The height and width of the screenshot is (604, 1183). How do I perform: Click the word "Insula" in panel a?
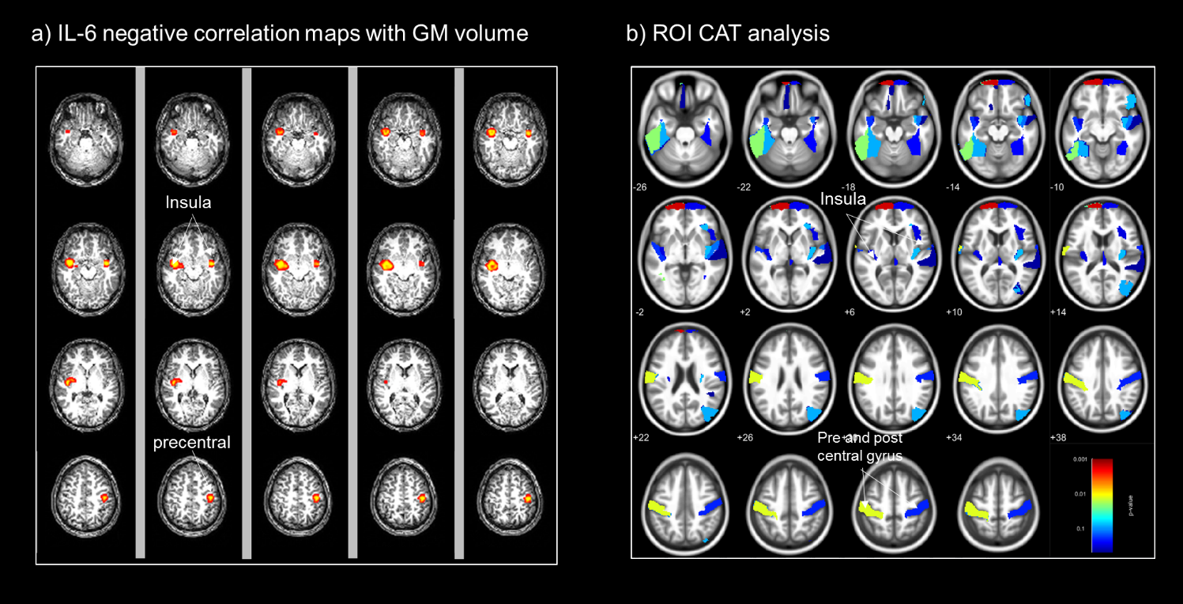[x=188, y=203]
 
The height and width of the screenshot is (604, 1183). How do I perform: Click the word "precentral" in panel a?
[x=192, y=443]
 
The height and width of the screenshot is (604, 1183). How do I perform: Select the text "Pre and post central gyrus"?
[x=861, y=447]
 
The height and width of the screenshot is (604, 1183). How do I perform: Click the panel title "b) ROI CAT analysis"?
[x=728, y=33]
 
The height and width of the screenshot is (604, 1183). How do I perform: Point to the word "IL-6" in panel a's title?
[x=70, y=33]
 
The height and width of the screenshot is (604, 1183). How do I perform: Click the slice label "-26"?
[x=641, y=187]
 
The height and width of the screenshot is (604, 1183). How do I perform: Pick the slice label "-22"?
[x=744, y=187]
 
